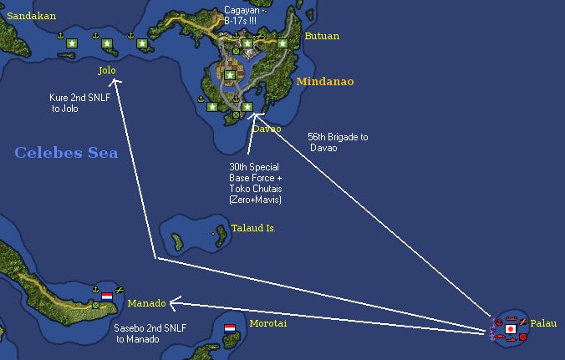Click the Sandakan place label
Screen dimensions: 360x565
[x=25, y=14]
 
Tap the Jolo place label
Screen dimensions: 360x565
[x=106, y=70]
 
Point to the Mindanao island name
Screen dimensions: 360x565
[x=324, y=82]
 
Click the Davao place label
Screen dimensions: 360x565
[x=267, y=129]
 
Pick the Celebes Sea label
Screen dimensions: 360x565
[x=66, y=153]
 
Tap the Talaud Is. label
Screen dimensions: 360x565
[x=252, y=228]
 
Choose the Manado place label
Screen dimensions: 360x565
[x=146, y=303]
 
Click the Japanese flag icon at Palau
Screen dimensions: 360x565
[x=510, y=329]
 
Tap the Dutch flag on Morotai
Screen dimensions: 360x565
[x=230, y=328]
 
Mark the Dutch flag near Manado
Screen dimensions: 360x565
[x=106, y=297]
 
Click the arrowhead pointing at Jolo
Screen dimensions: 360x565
[x=115, y=82]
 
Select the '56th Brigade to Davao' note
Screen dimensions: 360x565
[x=337, y=142]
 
